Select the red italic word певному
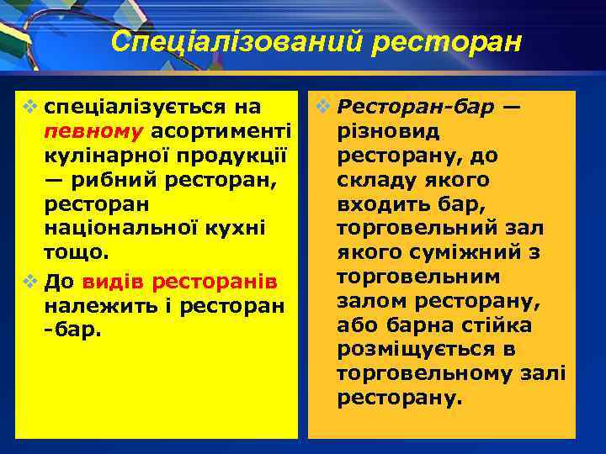point(95,132)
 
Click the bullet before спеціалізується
point(31,108)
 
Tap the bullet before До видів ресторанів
point(31,278)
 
